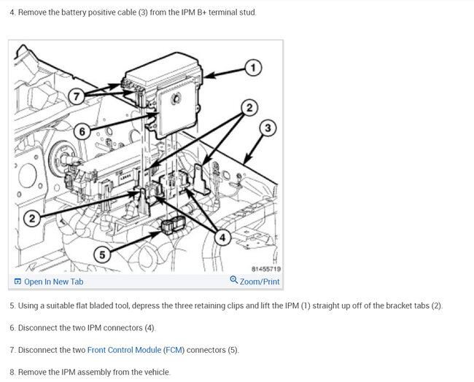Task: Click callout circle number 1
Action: (252, 67)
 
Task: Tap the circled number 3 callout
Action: (268, 128)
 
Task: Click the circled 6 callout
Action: (82, 132)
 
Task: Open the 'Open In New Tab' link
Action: (53, 281)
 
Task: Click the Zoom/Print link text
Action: (260, 281)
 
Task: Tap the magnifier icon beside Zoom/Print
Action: (233, 281)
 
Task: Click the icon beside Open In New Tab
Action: (18, 281)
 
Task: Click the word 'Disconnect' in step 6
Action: (39, 327)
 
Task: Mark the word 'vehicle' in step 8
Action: (153, 372)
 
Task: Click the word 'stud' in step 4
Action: (246, 13)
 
